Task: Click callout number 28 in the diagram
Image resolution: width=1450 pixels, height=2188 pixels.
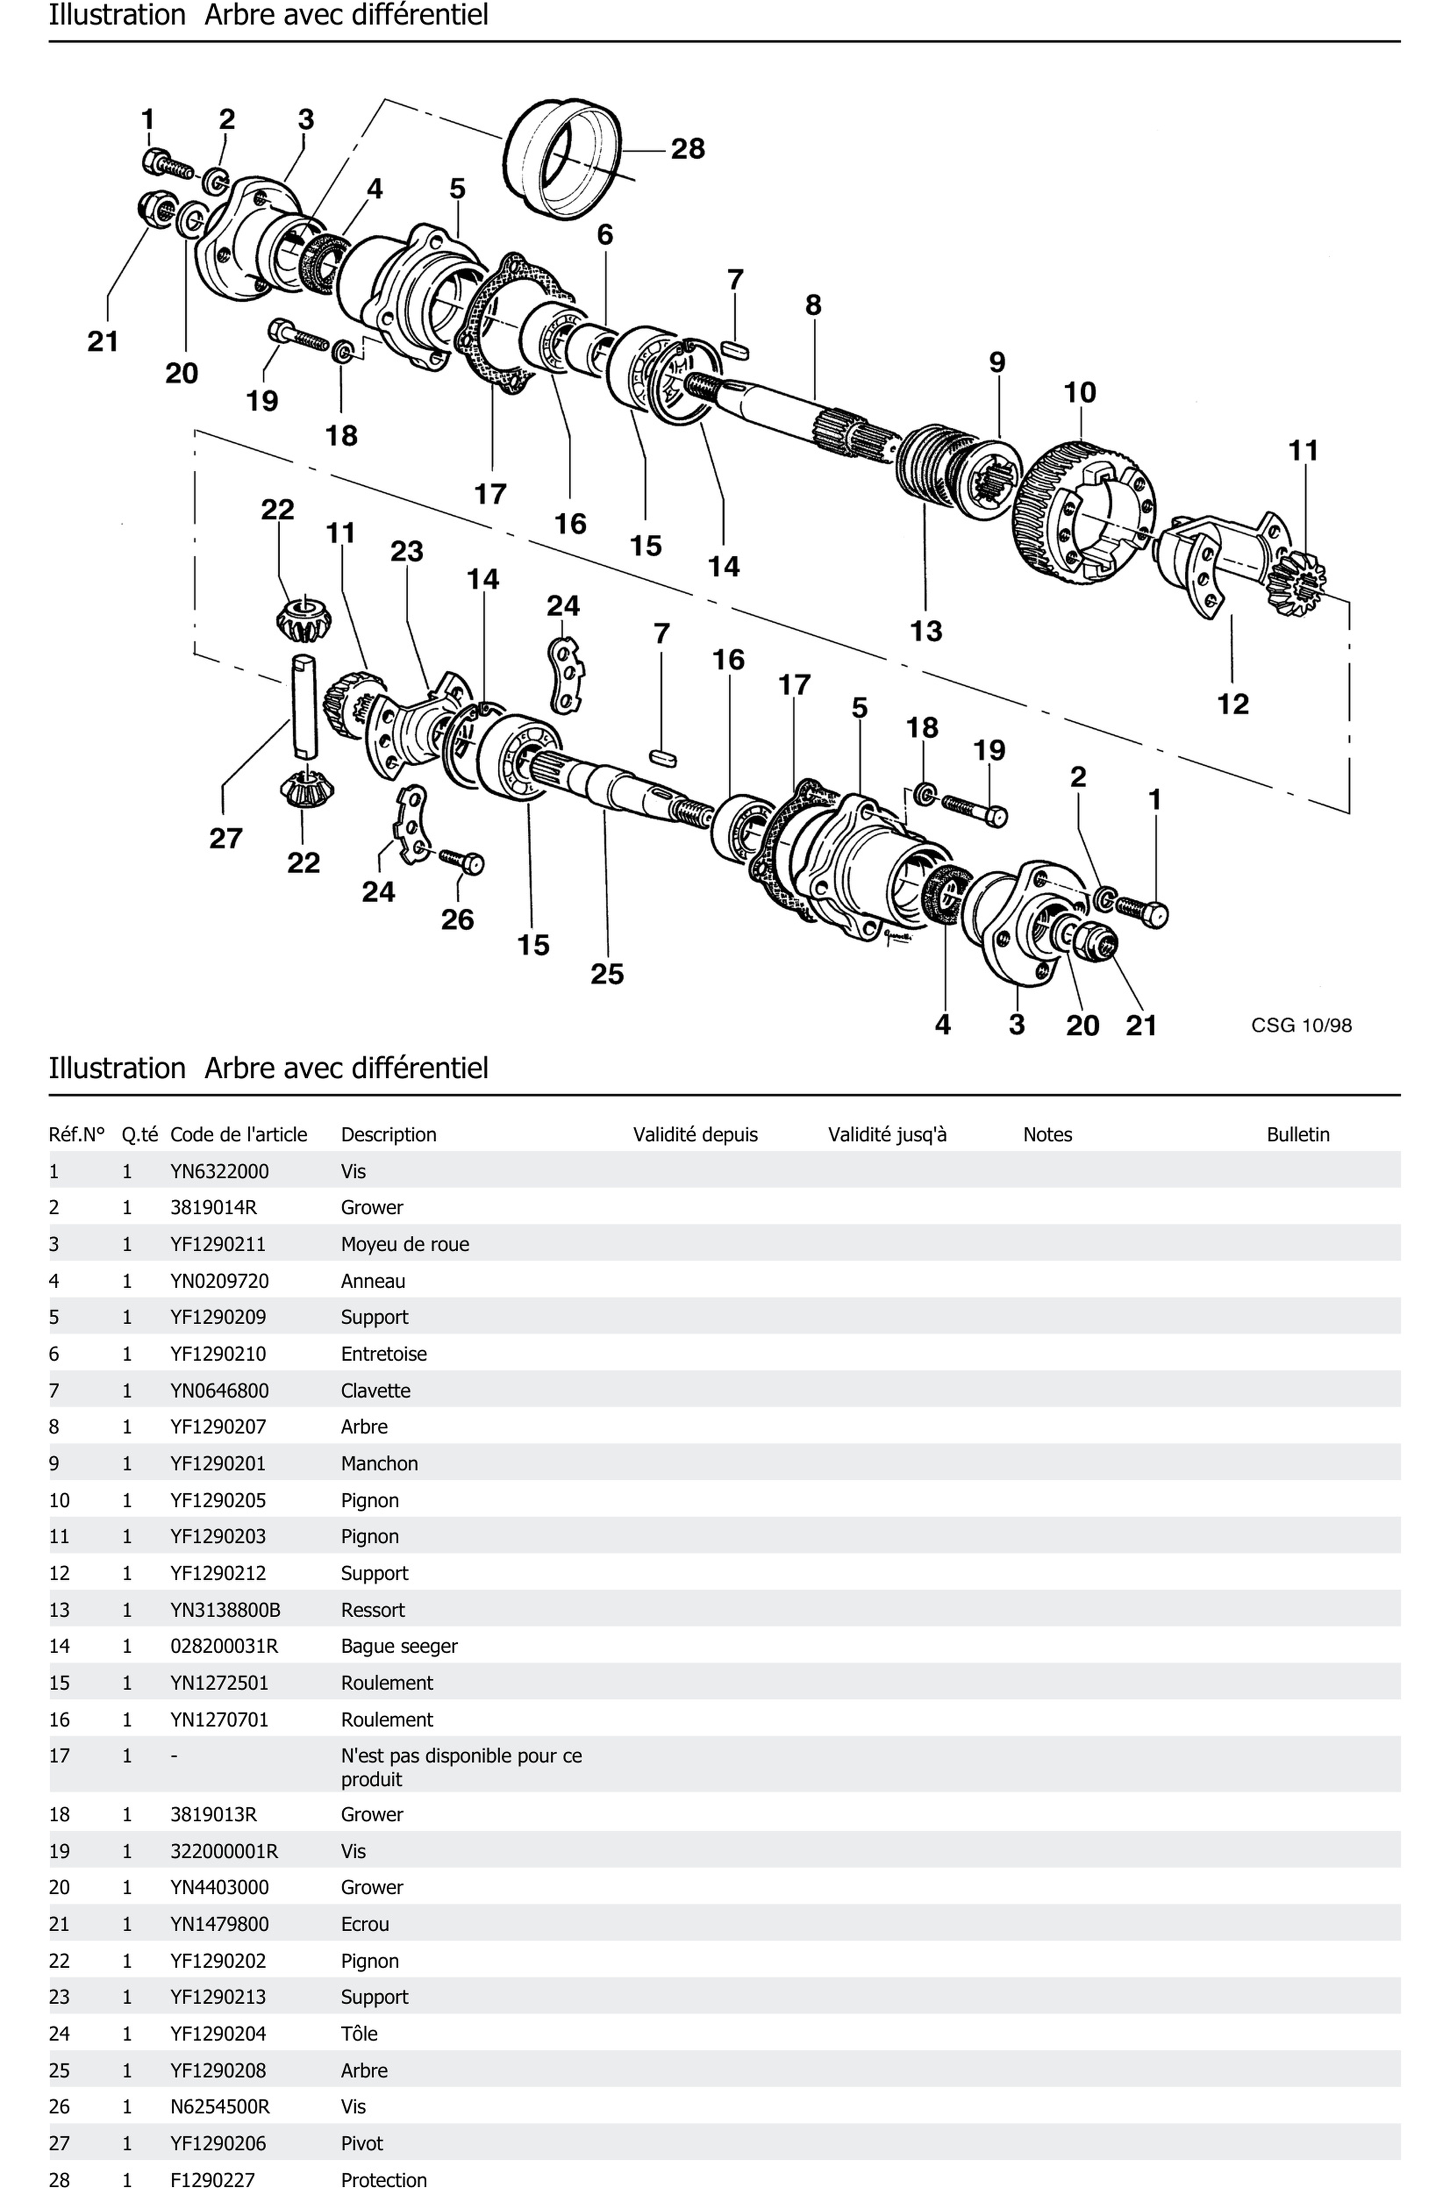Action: pyautogui.click(x=687, y=149)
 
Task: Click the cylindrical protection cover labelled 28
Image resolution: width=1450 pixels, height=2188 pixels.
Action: pyautogui.click(x=564, y=157)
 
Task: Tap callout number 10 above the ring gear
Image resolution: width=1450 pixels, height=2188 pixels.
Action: pyautogui.click(x=1079, y=393)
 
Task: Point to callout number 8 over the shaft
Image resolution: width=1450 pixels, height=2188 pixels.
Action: pyautogui.click(x=813, y=305)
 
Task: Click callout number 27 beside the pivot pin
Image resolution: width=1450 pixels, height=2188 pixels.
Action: pyautogui.click(x=225, y=839)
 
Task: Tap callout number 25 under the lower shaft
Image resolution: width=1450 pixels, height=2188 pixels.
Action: pyautogui.click(x=607, y=974)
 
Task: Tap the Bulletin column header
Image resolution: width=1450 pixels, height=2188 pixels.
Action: pyautogui.click(x=1297, y=1135)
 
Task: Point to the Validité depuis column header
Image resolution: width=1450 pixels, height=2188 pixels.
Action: pyautogui.click(x=694, y=1135)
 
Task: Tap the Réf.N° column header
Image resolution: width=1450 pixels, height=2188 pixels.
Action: pyautogui.click(x=77, y=1135)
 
